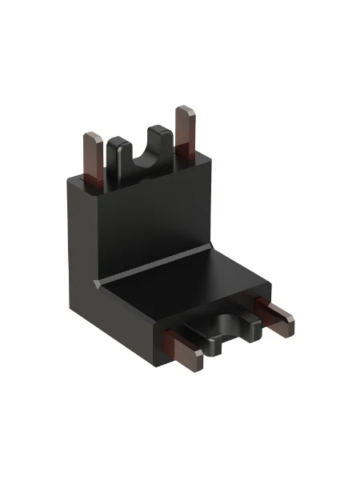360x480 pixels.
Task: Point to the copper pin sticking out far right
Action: coord(273,317)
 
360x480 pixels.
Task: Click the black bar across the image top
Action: coord(180,28)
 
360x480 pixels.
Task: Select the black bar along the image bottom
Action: coord(180,450)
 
